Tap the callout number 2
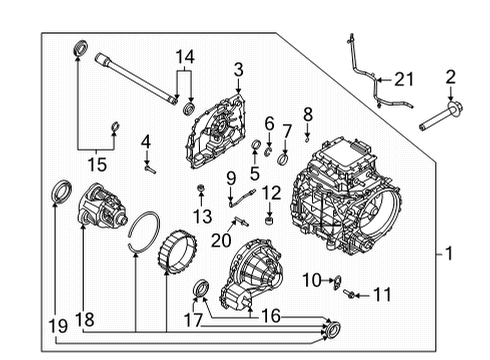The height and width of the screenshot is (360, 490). pos(450,77)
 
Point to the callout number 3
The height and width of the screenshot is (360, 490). pos(239,68)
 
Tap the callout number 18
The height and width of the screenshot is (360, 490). pos(87,321)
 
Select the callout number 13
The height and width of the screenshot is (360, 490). pos(203,216)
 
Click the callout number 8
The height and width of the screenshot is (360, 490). pos(308,114)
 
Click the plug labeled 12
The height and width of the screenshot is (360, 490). pos(267,219)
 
